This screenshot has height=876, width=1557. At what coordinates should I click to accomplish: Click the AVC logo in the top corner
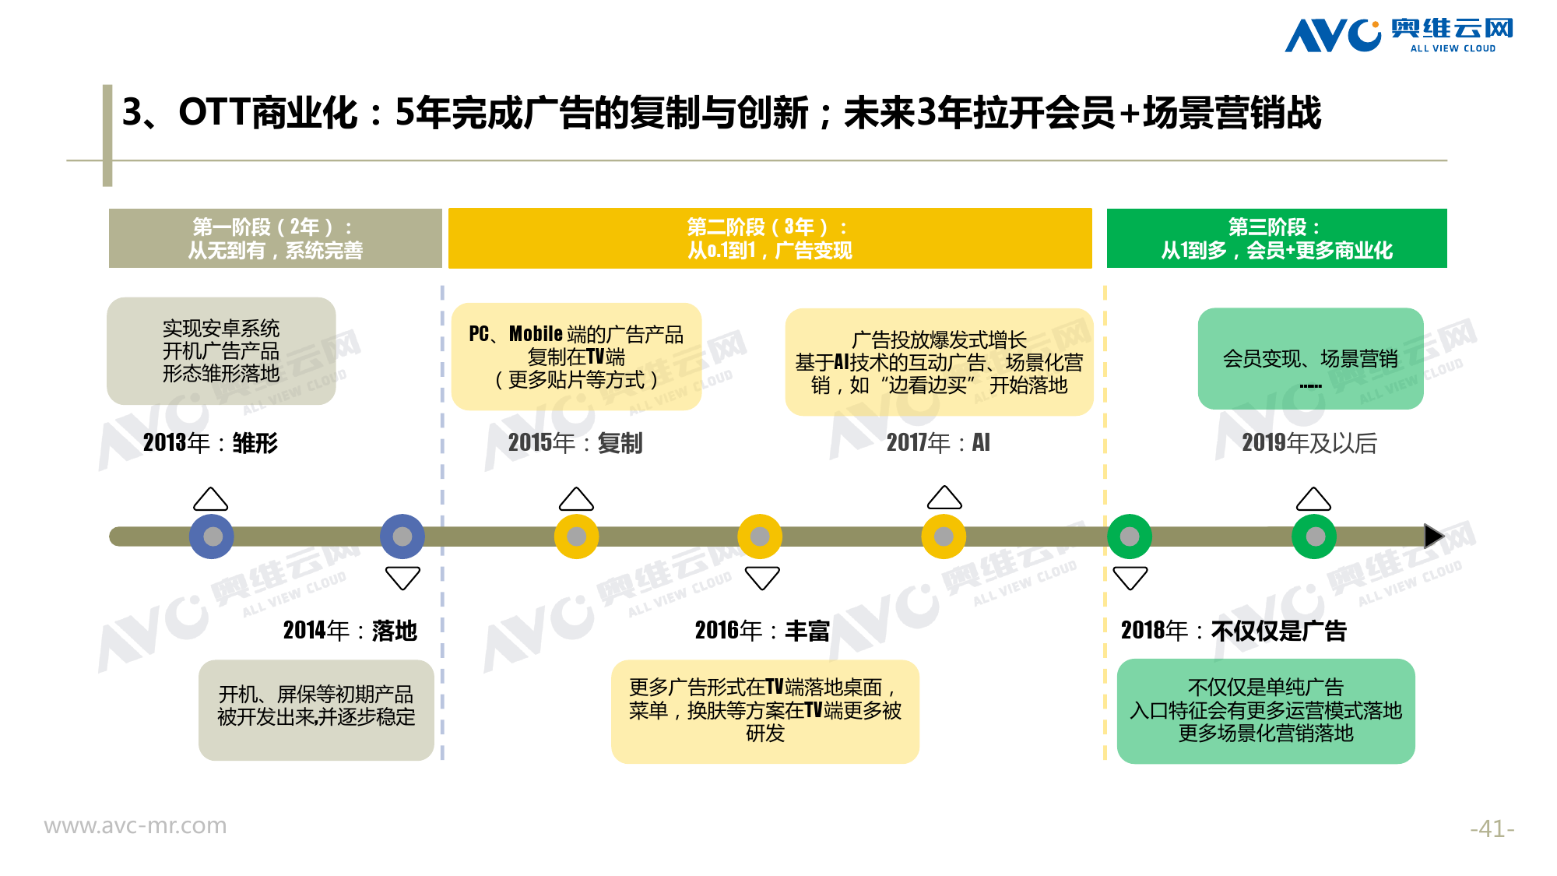coord(1398,35)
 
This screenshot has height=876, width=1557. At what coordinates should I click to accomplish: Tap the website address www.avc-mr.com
coord(135,825)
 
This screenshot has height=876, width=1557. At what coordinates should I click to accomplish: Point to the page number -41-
coord(1492,829)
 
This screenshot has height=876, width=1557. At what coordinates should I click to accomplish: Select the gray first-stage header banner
coord(275,238)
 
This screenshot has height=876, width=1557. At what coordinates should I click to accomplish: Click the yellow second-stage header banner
coord(769,238)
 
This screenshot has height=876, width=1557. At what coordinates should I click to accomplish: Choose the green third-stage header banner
coord(1276,238)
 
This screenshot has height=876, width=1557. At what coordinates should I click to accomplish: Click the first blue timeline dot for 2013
coord(212,537)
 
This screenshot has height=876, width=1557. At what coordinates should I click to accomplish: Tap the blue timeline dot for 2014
coord(402,537)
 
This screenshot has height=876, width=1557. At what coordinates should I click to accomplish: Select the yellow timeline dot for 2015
coord(576,537)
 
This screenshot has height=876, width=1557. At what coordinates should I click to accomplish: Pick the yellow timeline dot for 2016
coord(760,537)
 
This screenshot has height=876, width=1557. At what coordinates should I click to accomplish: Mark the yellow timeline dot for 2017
coord(943,537)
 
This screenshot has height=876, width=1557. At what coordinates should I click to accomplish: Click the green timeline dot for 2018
coord(1130,537)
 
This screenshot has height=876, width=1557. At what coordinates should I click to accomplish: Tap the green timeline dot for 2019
coord(1314,537)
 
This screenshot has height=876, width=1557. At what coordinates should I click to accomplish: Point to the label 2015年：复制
coord(575,443)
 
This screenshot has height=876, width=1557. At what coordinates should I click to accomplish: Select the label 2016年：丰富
coord(761,630)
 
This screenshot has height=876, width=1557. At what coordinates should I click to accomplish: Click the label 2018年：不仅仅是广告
coord(1233,630)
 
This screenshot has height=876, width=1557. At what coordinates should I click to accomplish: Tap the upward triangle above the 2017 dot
coord(944,498)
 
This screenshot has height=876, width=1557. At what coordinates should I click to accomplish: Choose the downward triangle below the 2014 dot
coord(402,578)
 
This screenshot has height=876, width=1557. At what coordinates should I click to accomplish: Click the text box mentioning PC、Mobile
coord(576,357)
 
